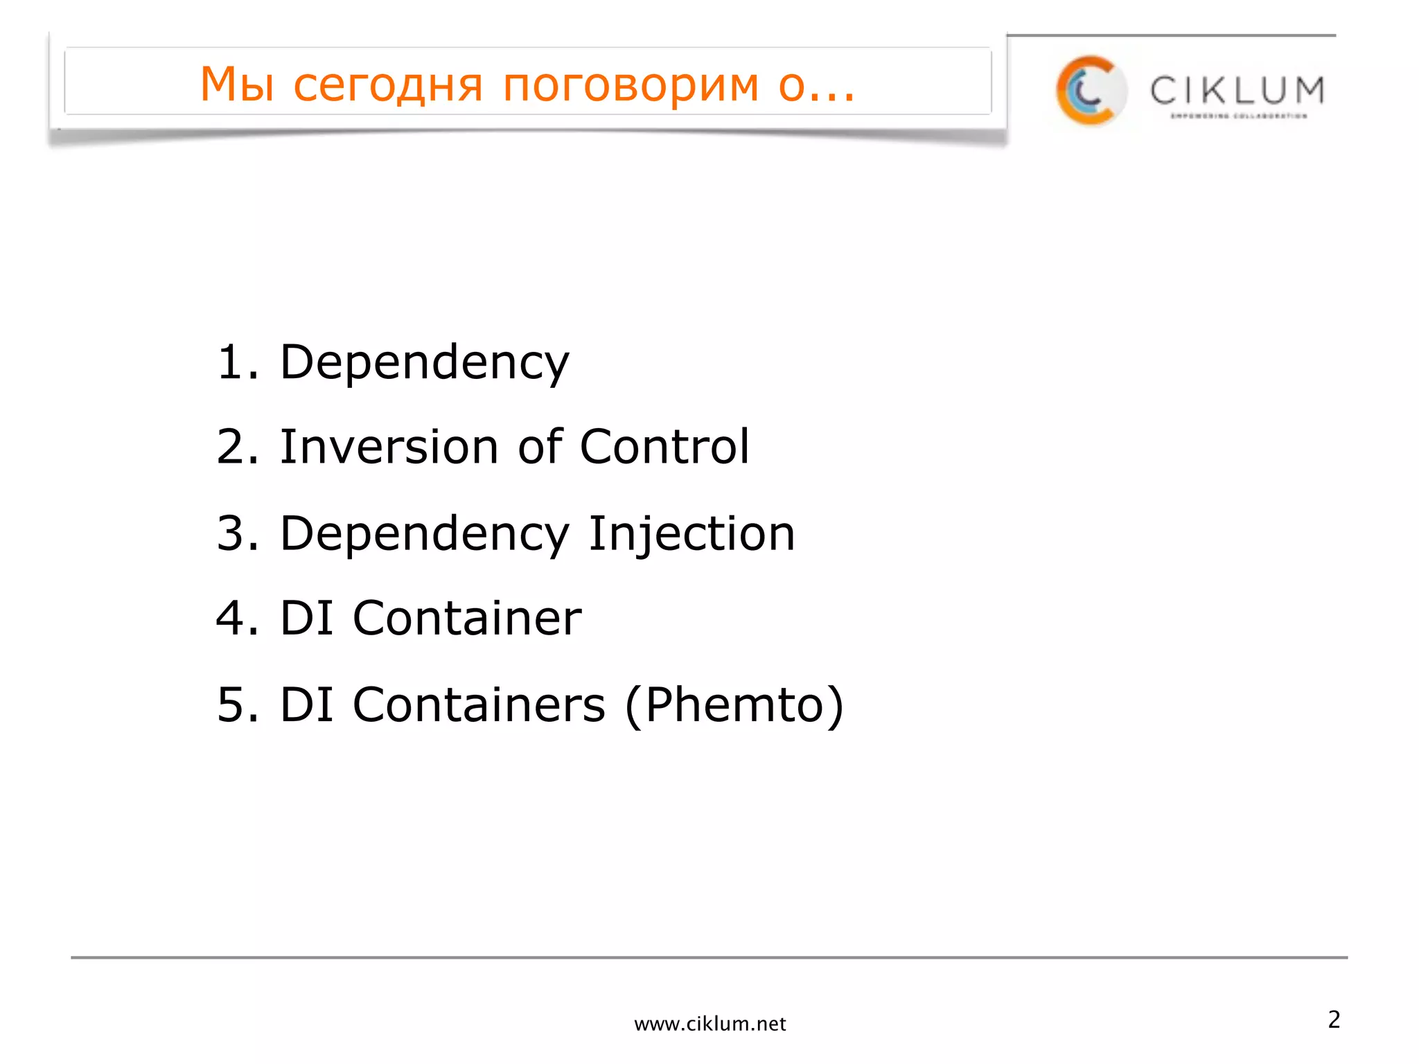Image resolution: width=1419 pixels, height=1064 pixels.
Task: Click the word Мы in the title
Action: coord(236,85)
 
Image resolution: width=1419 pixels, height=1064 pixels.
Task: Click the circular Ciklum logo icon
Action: coord(1090,91)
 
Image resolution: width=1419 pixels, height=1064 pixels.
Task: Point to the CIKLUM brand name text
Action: coord(1237,91)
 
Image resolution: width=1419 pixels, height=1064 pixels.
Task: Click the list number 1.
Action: coord(236,362)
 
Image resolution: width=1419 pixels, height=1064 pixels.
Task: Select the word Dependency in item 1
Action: coord(424,363)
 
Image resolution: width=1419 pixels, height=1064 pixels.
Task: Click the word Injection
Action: coord(691,534)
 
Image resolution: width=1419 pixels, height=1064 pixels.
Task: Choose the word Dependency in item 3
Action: coord(424,534)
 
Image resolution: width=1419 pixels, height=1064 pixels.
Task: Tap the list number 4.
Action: coord(236,618)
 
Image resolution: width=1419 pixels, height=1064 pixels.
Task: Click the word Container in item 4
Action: coord(467,618)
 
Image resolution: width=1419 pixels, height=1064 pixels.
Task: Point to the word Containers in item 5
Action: coord(479,705)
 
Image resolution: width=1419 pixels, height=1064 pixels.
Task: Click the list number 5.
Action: coord(236,705)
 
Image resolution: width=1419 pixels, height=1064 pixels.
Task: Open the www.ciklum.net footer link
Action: coord(710,1024)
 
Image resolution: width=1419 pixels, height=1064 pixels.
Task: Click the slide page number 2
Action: coord(1334,1020)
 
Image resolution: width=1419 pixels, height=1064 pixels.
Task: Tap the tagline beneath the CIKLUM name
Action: coord(1239,116)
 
